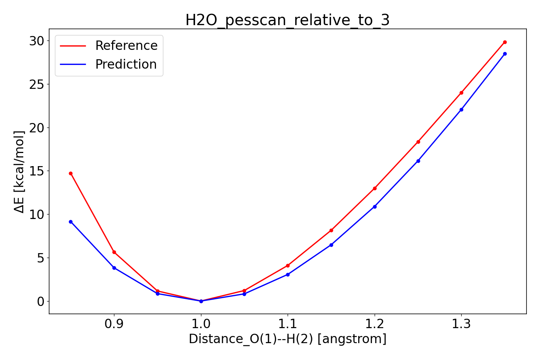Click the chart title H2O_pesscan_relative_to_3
(x=287, y=20)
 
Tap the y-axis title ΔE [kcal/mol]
(x=19, y=171)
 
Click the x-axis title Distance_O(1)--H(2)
(x=287, y=339)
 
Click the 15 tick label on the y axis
(x=36, y=171)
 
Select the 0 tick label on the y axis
(x=40, y=301)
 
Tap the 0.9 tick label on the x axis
(x=114, y=324)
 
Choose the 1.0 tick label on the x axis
(x=201, y=324)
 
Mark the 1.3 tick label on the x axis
(x=461, y=324)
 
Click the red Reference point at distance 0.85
(x=70, y=174)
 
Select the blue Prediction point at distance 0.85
(x=70, y=222)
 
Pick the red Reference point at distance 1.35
(x=505, y=42)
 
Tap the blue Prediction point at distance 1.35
(x=505, y=54)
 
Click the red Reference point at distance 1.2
(x=375, y=188)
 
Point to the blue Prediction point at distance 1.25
(x=418, y=161)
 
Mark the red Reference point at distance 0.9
(x=114, y=252)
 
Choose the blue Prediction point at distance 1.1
(x=288, y=274)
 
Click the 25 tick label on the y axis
(x=36, y=84)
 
